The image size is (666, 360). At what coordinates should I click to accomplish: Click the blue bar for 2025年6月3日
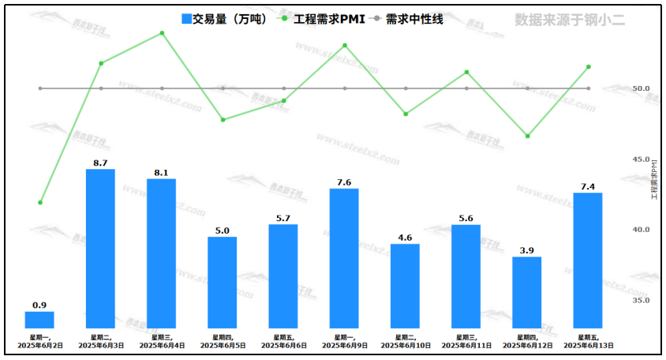pyautogui.click(x=100, y=249)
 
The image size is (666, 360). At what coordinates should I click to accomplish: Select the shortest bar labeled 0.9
pyautogui.click(x=39, y=320)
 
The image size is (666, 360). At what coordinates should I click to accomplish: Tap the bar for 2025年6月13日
pyautogui.click(x=588, y=261)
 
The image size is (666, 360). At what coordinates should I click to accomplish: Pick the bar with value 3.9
pyautogui.click(x=527, y=292)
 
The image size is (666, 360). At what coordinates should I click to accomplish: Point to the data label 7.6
pyautogui.click(x=344, y=182)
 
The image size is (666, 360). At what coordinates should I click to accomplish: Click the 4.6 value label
pyautogui.click(x=406, y=238)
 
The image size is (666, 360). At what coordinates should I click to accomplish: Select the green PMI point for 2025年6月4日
pyautogui.click(x=162, y=33)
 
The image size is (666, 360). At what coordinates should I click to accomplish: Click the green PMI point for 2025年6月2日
pyautogui.click(x=40, y=203)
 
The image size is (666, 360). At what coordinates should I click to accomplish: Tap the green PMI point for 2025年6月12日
pyautogui.click(x=527, y=137)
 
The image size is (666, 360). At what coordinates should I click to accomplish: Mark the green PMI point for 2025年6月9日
pyautogui.click(x=345, y=45)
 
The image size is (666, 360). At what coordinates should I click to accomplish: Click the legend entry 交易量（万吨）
pyautogui.click(x=223, y=19)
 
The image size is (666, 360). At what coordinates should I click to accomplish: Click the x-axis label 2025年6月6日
pyautogui.click(x=284, y=346)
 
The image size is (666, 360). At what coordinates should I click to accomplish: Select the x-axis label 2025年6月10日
pyautogui.click(x=406, y=346)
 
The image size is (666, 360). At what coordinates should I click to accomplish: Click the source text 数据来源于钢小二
pyautogui.click(x=570, y=20)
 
